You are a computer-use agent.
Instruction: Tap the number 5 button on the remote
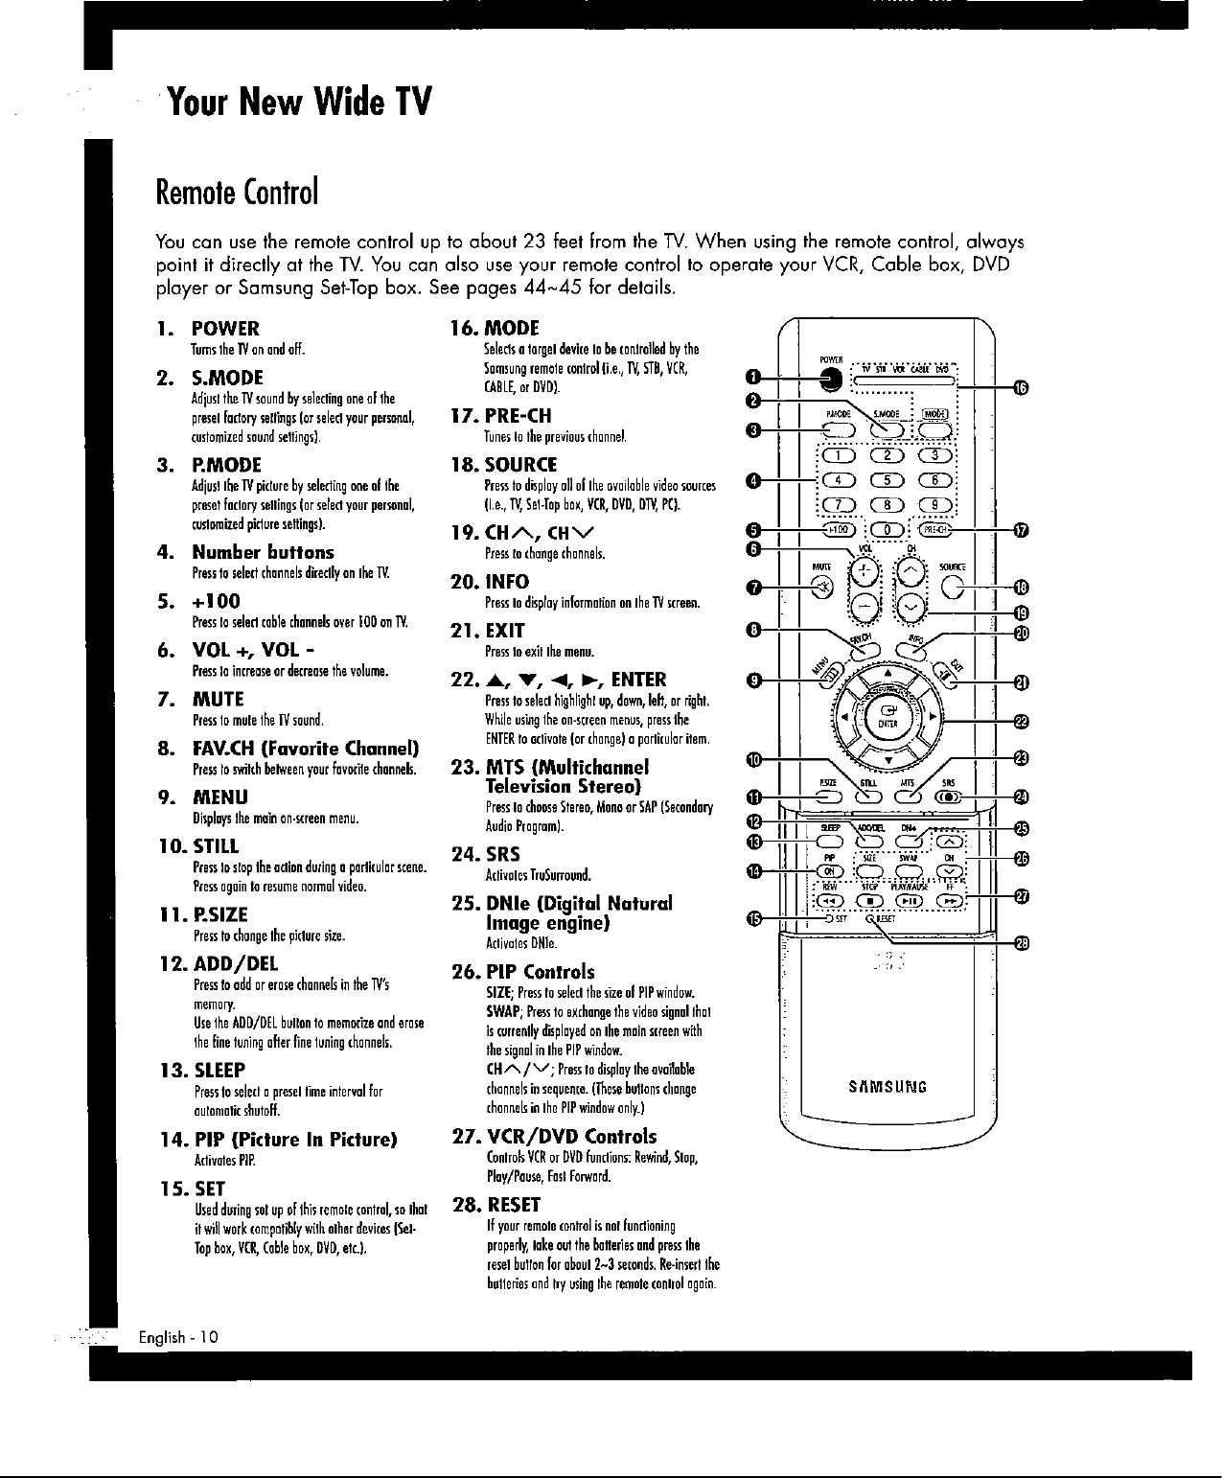click(x=886, y=481)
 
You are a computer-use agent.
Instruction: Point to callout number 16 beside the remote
click(x=1022, y=386)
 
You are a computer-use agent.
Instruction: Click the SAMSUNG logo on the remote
click(x=888, y=1087)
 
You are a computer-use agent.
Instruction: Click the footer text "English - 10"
click(x=179, y=1337)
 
